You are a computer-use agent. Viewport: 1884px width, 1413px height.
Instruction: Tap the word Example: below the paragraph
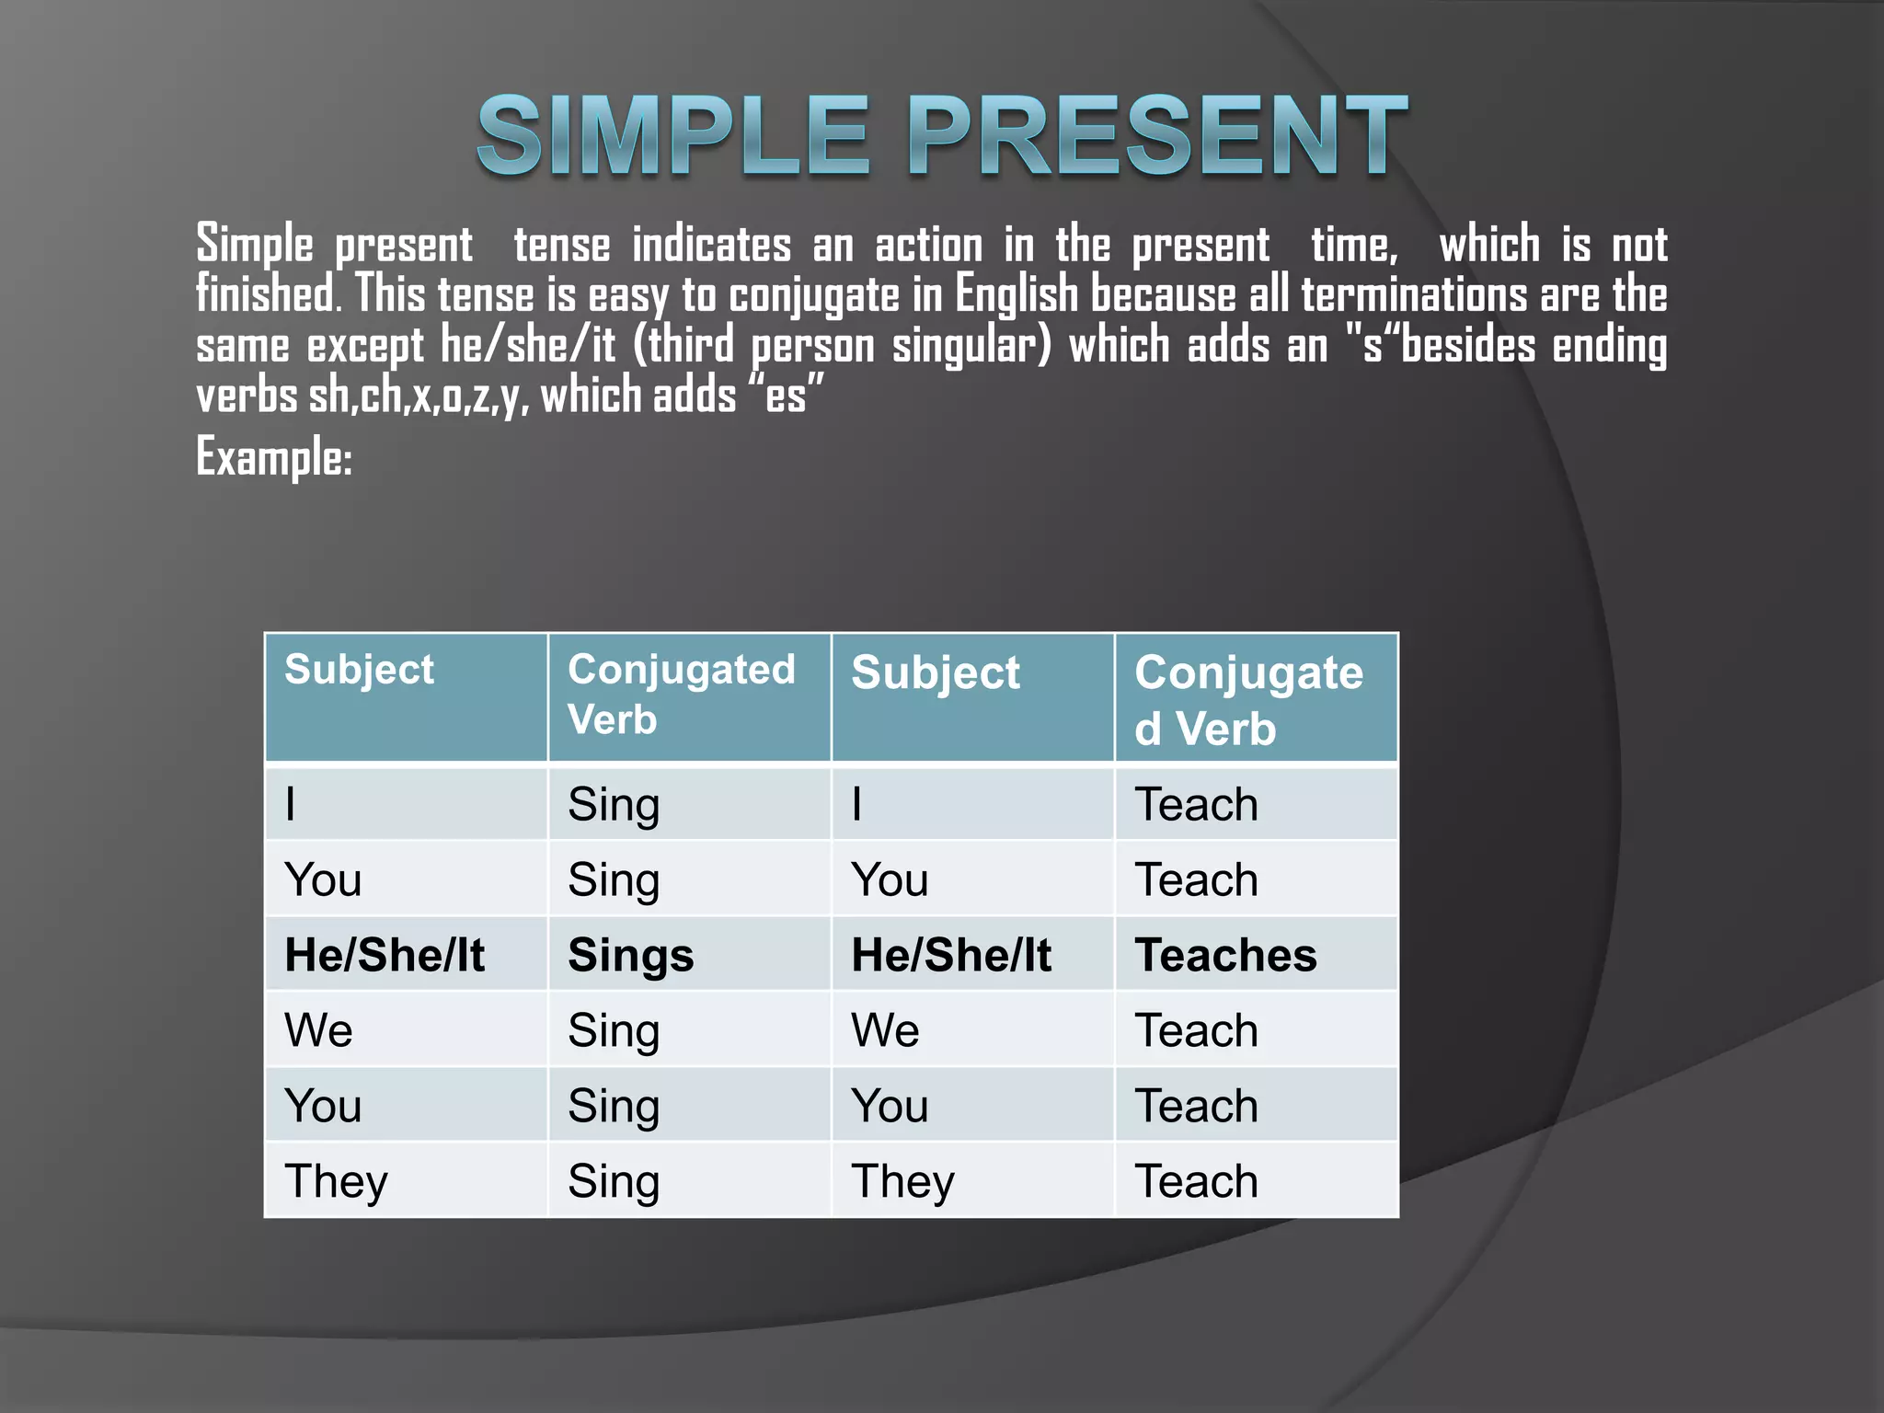(274, 457)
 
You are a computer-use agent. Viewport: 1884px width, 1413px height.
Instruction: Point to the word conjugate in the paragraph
(814, 297)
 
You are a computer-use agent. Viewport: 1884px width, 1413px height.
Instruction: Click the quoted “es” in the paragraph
(787, 396)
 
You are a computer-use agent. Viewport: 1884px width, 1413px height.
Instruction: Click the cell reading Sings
(630, 955)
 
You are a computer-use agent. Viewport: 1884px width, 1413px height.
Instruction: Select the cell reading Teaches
(1225, 955)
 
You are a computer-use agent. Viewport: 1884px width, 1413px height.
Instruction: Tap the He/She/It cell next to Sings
(385, 955)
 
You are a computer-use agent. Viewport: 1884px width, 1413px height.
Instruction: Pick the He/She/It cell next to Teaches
(951, 955)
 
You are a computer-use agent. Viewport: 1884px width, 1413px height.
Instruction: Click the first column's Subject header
(359, 670)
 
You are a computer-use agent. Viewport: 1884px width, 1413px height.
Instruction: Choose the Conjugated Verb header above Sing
(681, 694)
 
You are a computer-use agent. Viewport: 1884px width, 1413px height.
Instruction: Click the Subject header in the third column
(936, 672)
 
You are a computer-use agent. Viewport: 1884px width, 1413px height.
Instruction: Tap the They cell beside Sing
(336, 1181)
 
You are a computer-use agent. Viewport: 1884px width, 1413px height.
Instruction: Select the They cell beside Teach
(902, 1181)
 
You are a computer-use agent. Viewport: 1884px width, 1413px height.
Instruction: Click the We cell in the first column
(318, 1030)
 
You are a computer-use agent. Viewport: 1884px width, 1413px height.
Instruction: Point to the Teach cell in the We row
(1196, 1030)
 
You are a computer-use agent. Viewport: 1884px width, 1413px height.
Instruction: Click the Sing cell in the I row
(614, 805)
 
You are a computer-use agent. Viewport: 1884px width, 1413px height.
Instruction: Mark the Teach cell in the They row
(1196, 1181)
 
